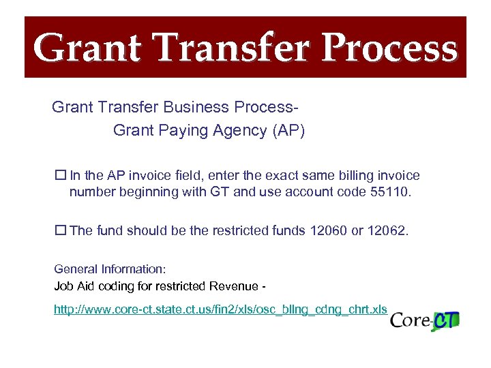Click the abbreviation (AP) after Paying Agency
tap(288, 131)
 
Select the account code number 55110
tap(391, 191)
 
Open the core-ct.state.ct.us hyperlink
tap(221, 310)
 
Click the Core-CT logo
tap(425, 320)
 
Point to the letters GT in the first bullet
tap(220, 191)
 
